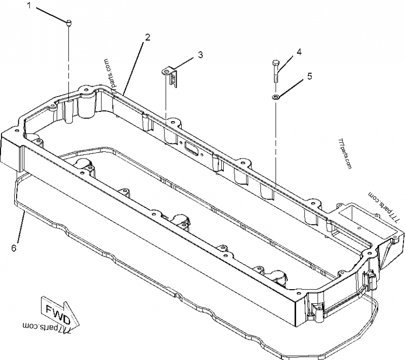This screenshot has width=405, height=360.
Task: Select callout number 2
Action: coord(147,37)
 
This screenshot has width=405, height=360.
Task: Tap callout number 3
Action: coord(200,55)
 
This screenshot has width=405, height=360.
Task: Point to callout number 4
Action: coord(299,52)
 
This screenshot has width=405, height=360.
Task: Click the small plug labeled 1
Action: coord(69,22)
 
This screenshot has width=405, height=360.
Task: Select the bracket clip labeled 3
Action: coord(173,74)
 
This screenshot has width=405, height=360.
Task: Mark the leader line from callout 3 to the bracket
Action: coord(185,63)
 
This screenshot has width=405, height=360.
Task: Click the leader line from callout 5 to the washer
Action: coord(293,86)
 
